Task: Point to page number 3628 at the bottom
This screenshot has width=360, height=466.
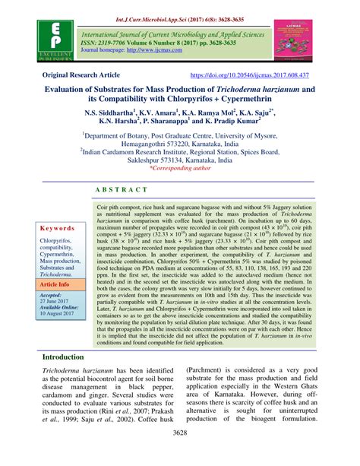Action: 180,454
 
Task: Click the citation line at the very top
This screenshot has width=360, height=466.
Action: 180,7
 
